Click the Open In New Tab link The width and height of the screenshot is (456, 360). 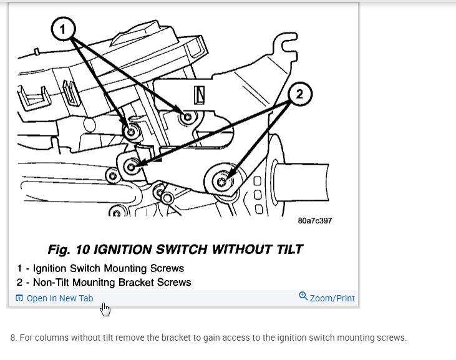59,298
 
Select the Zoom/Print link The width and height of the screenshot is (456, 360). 332,298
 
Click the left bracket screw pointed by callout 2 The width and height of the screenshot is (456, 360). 131,167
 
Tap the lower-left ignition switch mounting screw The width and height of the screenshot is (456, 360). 131,133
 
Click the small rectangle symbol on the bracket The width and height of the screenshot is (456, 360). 200,94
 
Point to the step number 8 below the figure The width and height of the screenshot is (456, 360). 13,338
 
